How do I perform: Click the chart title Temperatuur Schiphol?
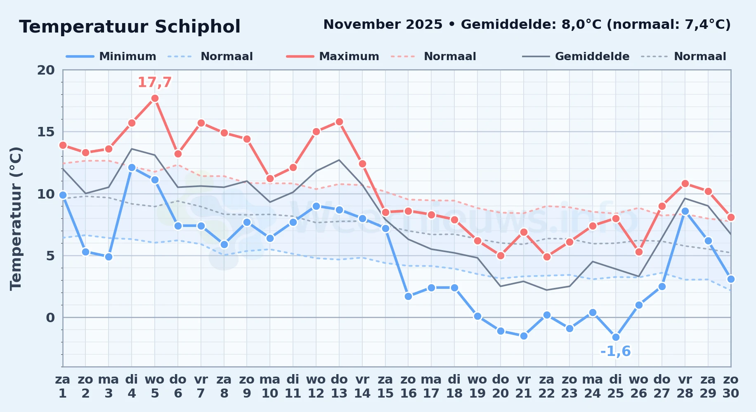coord(130,27)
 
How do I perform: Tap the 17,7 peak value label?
coord(154,82)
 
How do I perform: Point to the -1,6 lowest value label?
coord(615,351)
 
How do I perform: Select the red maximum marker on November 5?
coord(155,98)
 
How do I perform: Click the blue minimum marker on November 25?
coord(616,337)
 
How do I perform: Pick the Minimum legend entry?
coord(111,56)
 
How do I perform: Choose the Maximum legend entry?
coord(333,56)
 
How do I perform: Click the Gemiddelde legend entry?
coord(576,56)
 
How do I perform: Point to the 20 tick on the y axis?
coord(46,70)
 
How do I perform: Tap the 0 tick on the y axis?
coord(50,318)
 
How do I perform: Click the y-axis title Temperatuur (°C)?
coord(16,218)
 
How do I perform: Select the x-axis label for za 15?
coord(385,386)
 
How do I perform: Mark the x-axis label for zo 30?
coord(730,386)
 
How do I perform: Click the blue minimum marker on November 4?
coord(132,167)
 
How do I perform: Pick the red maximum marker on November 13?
coord(339,122)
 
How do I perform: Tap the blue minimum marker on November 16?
coord(408,296)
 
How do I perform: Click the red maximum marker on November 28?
coord(685,183)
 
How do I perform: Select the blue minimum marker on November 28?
coord(685,211)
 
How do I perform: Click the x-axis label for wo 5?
coord(155,386)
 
